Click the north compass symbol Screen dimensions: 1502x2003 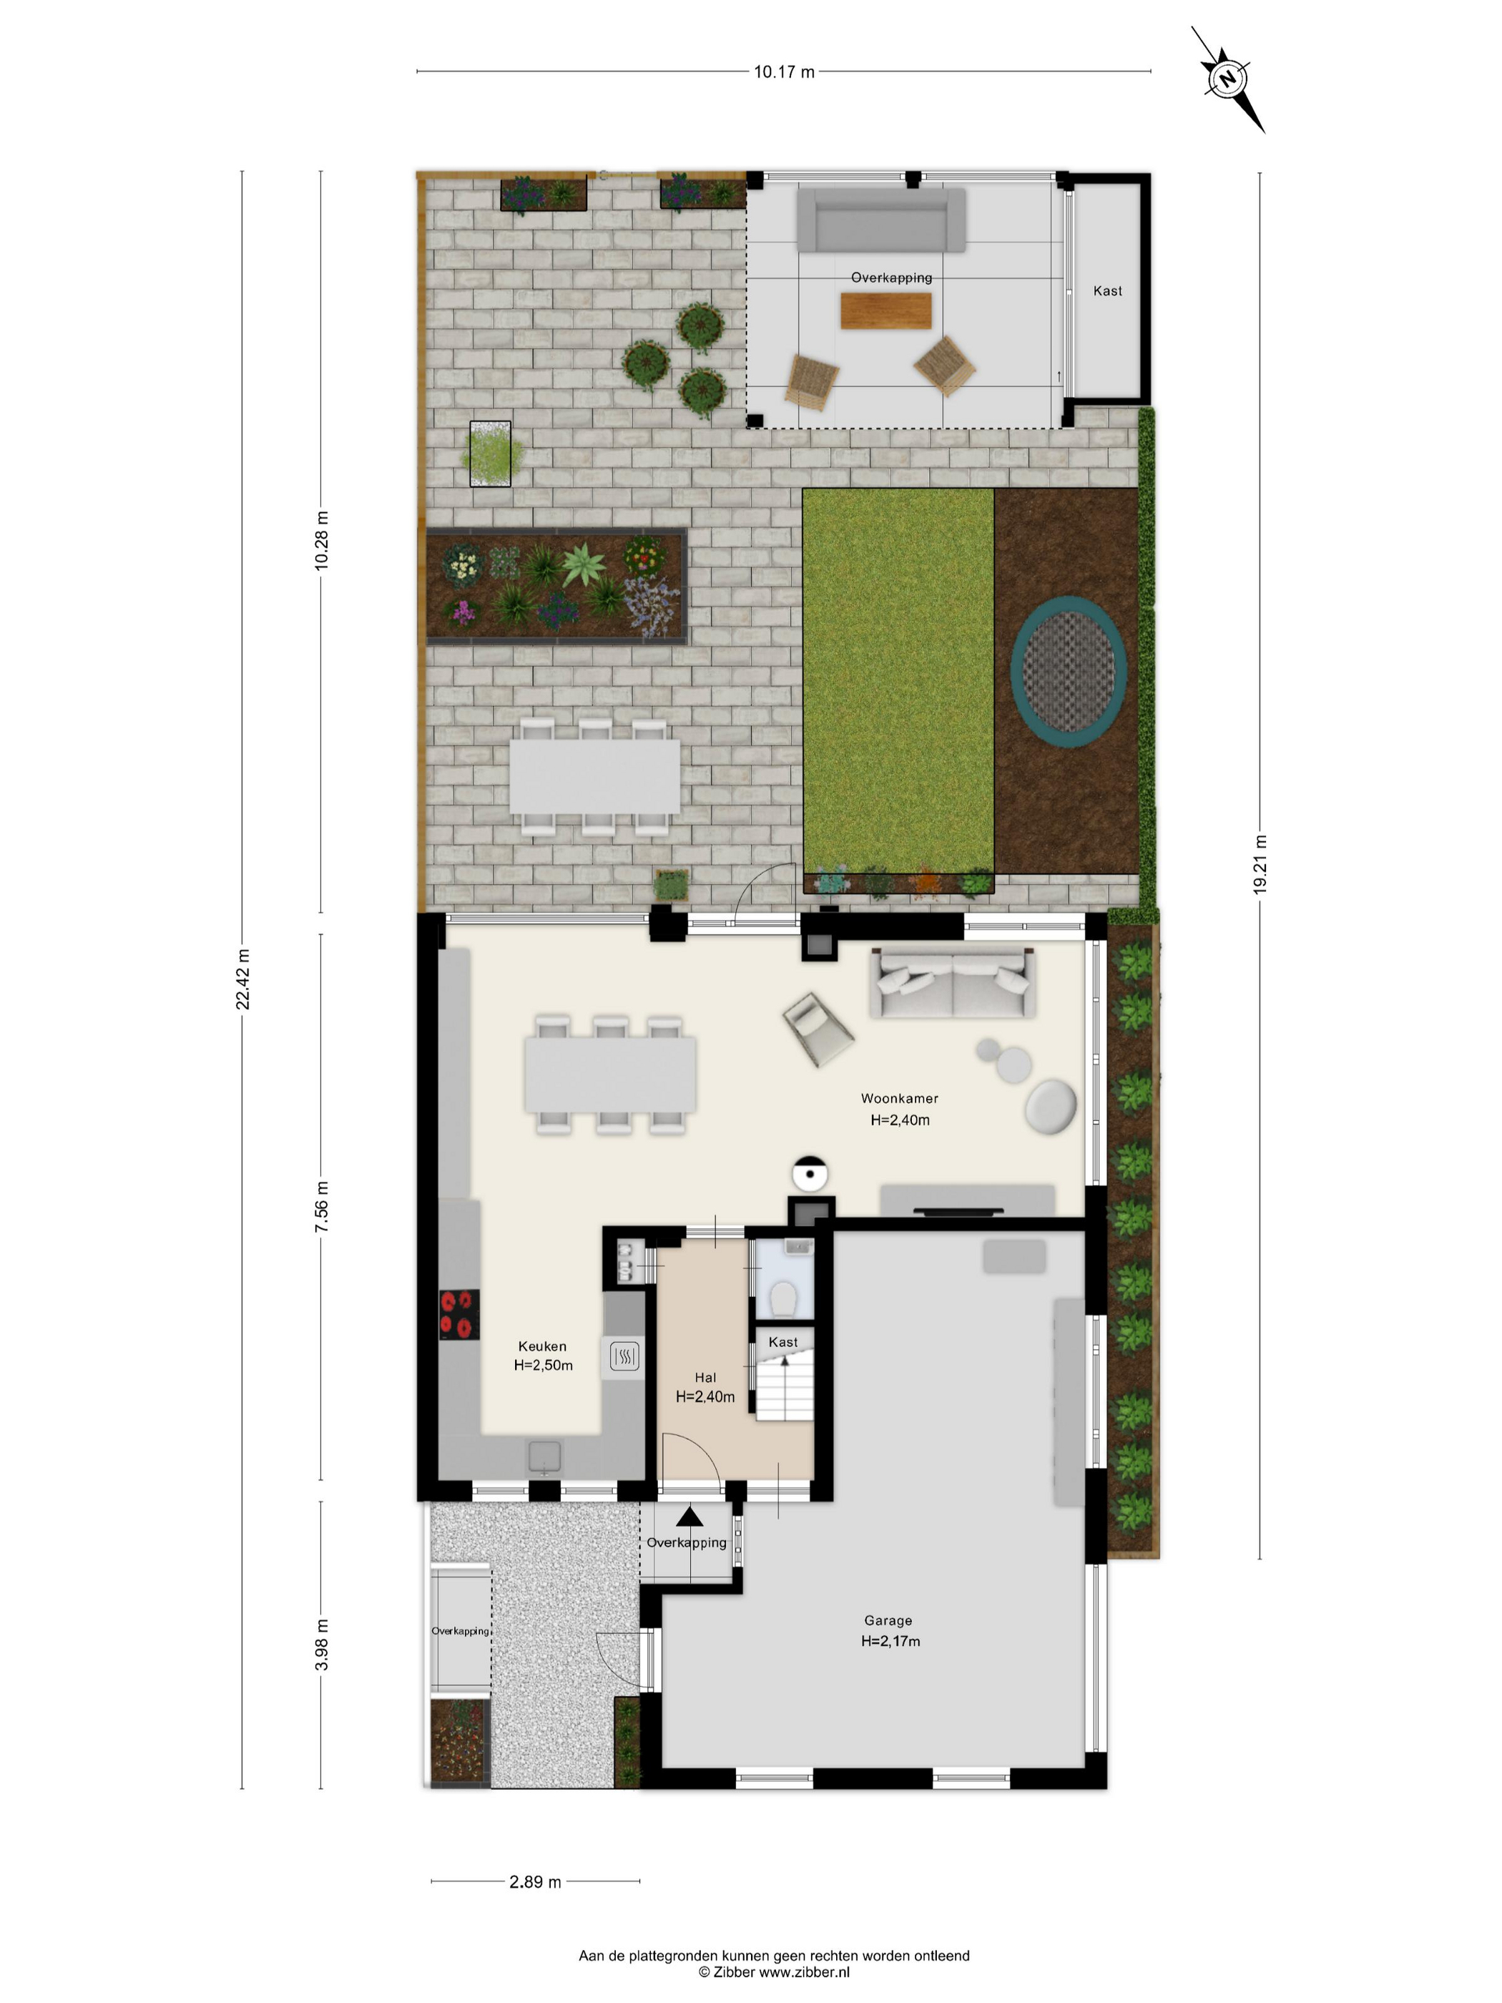click(1227, 79)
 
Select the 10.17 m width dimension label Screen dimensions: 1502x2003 click(784, 72)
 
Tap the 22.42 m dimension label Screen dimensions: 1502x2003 click(242, 980)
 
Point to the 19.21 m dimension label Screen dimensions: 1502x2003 click(1260, 865)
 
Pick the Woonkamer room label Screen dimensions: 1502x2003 click(899, 1098)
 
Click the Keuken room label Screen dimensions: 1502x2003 click(542, 1346)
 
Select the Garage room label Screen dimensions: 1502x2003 click(888, 1620)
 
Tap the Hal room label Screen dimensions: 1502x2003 click(705, 1377)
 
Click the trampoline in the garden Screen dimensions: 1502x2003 click(1069, 671)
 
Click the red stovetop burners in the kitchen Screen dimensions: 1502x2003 click(459, 1315)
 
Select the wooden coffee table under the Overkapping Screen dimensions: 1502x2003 click(885, 310)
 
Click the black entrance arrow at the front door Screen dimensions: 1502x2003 click(689, 1516)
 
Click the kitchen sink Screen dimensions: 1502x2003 click(544, 1456)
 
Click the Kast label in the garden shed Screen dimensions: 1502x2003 click(1107, 290)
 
